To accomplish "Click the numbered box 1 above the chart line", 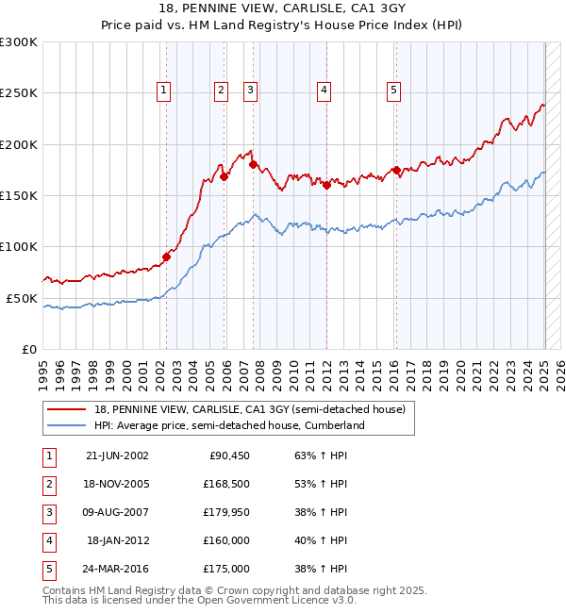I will click(x=164, y=91).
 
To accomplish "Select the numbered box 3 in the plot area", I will click(x=251, y=91).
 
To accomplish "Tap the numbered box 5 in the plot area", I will click(x=393, y=91).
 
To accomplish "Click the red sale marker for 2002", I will click(x=166, y=256).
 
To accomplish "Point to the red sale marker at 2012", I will click(x=325, y=185).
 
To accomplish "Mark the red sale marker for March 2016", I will click(x=397, y=171).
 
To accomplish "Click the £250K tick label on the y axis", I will click(x=19, y=93).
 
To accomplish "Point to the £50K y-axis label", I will click(x=22, y=298).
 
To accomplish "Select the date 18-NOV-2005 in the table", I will click(x=117, y=484).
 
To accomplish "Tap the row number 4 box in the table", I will click(x=47, y=540).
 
